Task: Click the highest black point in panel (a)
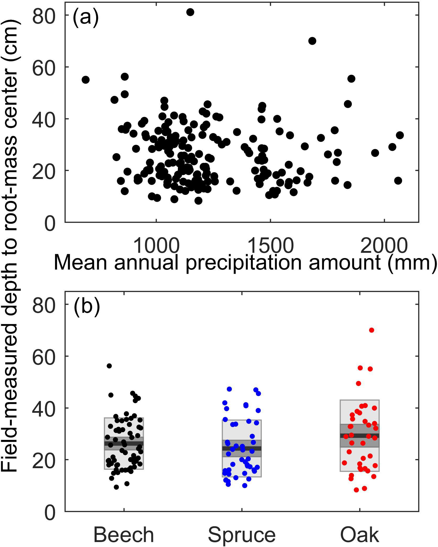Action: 190,12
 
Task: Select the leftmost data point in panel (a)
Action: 86,80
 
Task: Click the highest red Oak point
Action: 371,330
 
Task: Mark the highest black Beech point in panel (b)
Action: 109,366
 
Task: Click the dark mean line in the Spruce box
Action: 242,448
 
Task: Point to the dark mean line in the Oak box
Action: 360,436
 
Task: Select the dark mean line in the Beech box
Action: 124,443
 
